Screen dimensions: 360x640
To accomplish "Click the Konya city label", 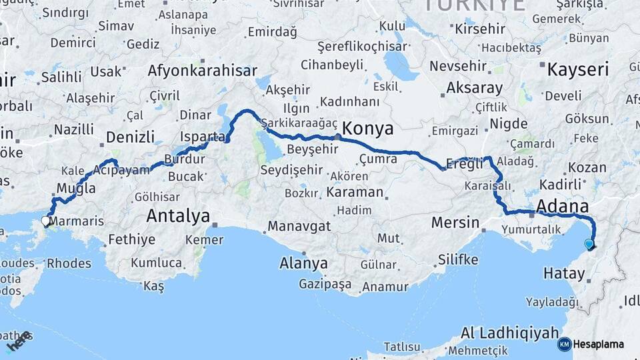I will click(x=367, y=129).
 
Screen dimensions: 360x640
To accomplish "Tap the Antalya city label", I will click(x=178, y=216).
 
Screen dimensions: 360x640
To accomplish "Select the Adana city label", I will click(x=563, y=206).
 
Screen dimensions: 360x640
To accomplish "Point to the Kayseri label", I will click(x=577, y=69).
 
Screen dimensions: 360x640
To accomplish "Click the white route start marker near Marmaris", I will click(x=45, y=220).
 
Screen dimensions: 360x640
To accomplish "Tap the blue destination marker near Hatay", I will click(x=589, y=245).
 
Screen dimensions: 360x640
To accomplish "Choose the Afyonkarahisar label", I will click(x=203, y=71).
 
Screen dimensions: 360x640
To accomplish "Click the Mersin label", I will click(x=455, y=222).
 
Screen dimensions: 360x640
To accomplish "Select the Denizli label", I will click(x=131, y=137).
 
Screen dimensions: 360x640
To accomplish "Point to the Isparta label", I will click(x=203, y=137).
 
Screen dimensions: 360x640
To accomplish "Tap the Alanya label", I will click(x=304, y=263).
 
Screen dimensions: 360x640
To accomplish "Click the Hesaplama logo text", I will click(x=598, y=345).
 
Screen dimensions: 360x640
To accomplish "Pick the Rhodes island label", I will click(x=69, y=263).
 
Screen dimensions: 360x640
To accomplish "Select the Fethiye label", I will click(x=131, y=239).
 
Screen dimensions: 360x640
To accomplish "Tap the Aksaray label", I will click(x=474, y=88).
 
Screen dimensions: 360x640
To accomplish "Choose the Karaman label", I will click(x=355, y=193).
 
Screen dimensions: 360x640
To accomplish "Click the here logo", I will click(x=18, y=341).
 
